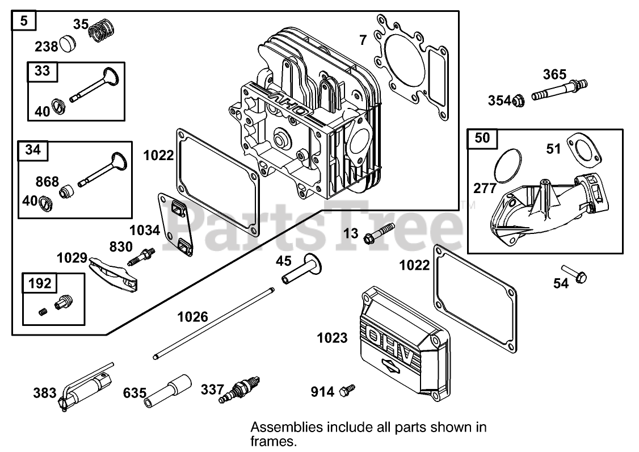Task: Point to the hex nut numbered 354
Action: click(516, 101)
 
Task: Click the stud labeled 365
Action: click(558, 90)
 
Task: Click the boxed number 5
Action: click(23, 22)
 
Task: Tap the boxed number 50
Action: click(482, 137)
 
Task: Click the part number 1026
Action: click(192, 316)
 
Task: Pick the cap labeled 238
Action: click(69, 43)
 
